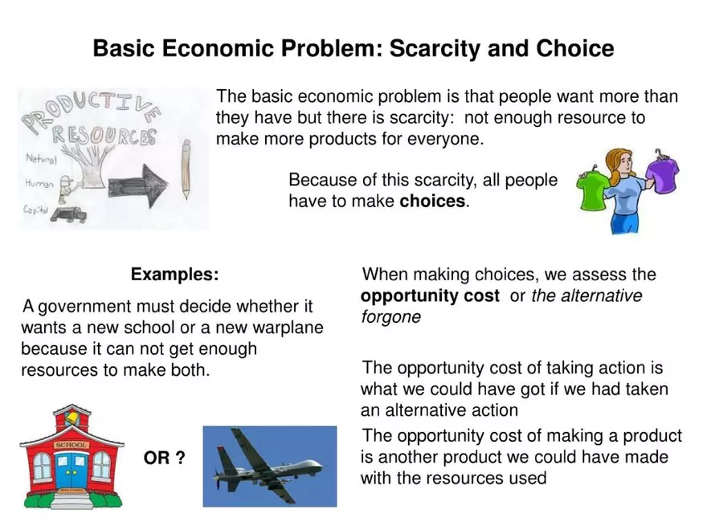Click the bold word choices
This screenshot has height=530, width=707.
pyautogui.click(x=432, y=201)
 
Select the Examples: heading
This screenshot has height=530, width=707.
pyautogui.click(x=174, y=275)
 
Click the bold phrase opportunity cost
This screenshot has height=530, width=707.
pyautogui.click(x=430, y=296)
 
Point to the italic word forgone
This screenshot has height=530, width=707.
pyautogui.click(x=390, y=317)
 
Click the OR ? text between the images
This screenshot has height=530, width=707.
pyautogui.click(x=164, y=459)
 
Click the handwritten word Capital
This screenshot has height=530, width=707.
pyautogui.click(x=37, y=210)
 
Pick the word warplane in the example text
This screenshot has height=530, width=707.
pyautogui.click(x=287, y=328)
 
